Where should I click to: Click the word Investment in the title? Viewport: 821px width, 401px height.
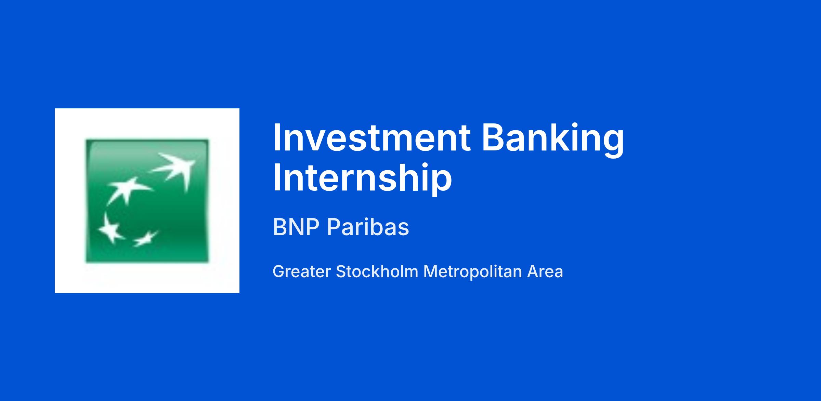(372, 137)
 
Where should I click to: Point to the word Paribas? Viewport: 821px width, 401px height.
(368, 227)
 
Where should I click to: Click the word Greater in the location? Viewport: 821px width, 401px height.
(302, 272)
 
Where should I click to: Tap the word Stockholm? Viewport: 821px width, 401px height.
(377, 271)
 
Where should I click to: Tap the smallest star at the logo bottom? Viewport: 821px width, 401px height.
(146, 238)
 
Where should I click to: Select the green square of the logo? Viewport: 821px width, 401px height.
(147, 201)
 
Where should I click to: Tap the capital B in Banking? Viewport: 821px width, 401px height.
(493, 137)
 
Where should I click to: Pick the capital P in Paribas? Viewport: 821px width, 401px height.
(334, 227)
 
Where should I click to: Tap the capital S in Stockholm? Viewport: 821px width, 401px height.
(341, 272)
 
